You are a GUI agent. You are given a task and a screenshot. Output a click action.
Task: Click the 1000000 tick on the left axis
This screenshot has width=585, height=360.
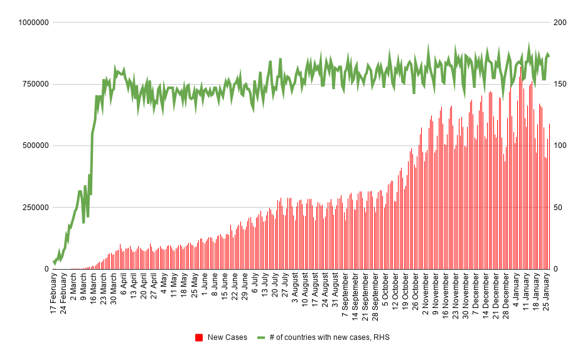click(33, 23)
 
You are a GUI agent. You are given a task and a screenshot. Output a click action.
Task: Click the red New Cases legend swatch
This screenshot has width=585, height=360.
click(199, 337)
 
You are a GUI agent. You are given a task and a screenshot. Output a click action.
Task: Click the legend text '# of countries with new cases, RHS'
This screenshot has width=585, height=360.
click(330, 337)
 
